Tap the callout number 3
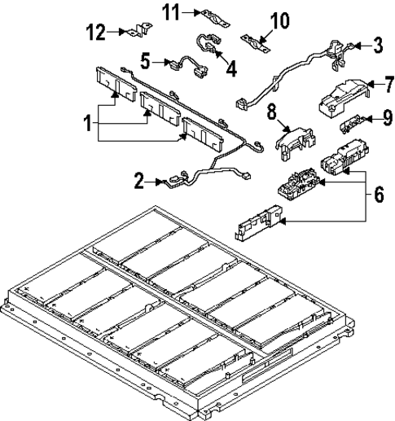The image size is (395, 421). click(377, 45)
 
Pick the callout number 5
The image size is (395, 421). click(144, 60)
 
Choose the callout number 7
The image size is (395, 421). click(377, 82)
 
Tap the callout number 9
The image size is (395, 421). click(377, 119)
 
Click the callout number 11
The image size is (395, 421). click(169, 11)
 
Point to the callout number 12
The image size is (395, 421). click(97, 32)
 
